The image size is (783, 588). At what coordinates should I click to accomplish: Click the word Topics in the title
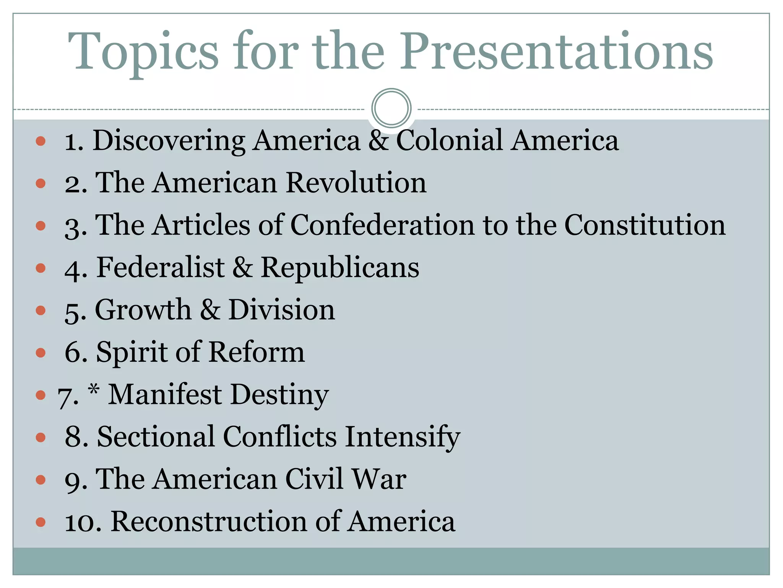pyautogui.click(x=143, y=52)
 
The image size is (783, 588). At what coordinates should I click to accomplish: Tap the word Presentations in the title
pyautogui.click(x=556, y=52)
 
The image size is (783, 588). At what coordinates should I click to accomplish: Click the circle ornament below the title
pyautogui.click(x=391, y=108)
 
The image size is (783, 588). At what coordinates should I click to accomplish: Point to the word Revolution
pyautogui.click(x=356, y=183)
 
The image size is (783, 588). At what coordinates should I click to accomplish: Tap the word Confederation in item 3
pyautogui.click(x=382, y=225)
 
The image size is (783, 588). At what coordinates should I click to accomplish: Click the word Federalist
pyautogui.click(x=161, y=267)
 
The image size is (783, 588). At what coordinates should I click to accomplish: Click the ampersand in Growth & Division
pyautogui.click(x=210, y=310)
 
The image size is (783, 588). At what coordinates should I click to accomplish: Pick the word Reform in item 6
pyautogui.click(x=257, y=352)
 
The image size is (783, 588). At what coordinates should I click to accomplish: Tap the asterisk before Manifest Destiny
pyautogui.click(x=94, y=390)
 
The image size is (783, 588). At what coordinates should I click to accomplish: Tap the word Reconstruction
pyautogui.click(x=209, y=521)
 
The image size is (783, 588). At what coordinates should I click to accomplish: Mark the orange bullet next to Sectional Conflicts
pyautogui.click(x=41, y=437)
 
